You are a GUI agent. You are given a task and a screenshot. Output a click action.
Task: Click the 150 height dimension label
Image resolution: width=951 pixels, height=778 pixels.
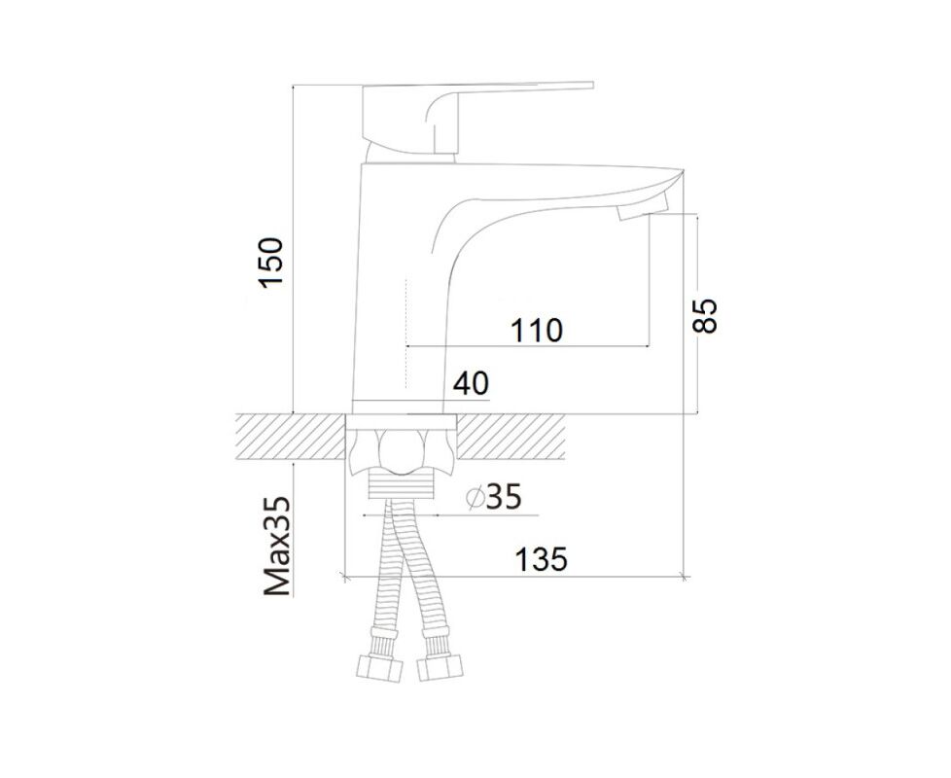coord(270,264)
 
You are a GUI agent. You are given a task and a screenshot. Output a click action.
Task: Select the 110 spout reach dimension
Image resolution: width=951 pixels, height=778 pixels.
coord(537,331)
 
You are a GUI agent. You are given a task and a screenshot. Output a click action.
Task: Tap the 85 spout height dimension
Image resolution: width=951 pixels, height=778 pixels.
coord(705,315)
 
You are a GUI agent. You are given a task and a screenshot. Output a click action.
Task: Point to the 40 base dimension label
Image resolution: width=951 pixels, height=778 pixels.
coord(471,383)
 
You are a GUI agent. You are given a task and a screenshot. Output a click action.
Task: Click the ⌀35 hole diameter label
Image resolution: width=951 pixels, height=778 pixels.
coord(494,497)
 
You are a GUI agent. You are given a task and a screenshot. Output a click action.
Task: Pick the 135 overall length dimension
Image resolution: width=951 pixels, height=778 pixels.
coord(541,559)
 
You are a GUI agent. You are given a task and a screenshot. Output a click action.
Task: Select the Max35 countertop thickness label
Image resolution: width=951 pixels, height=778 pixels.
coord(277,546)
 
